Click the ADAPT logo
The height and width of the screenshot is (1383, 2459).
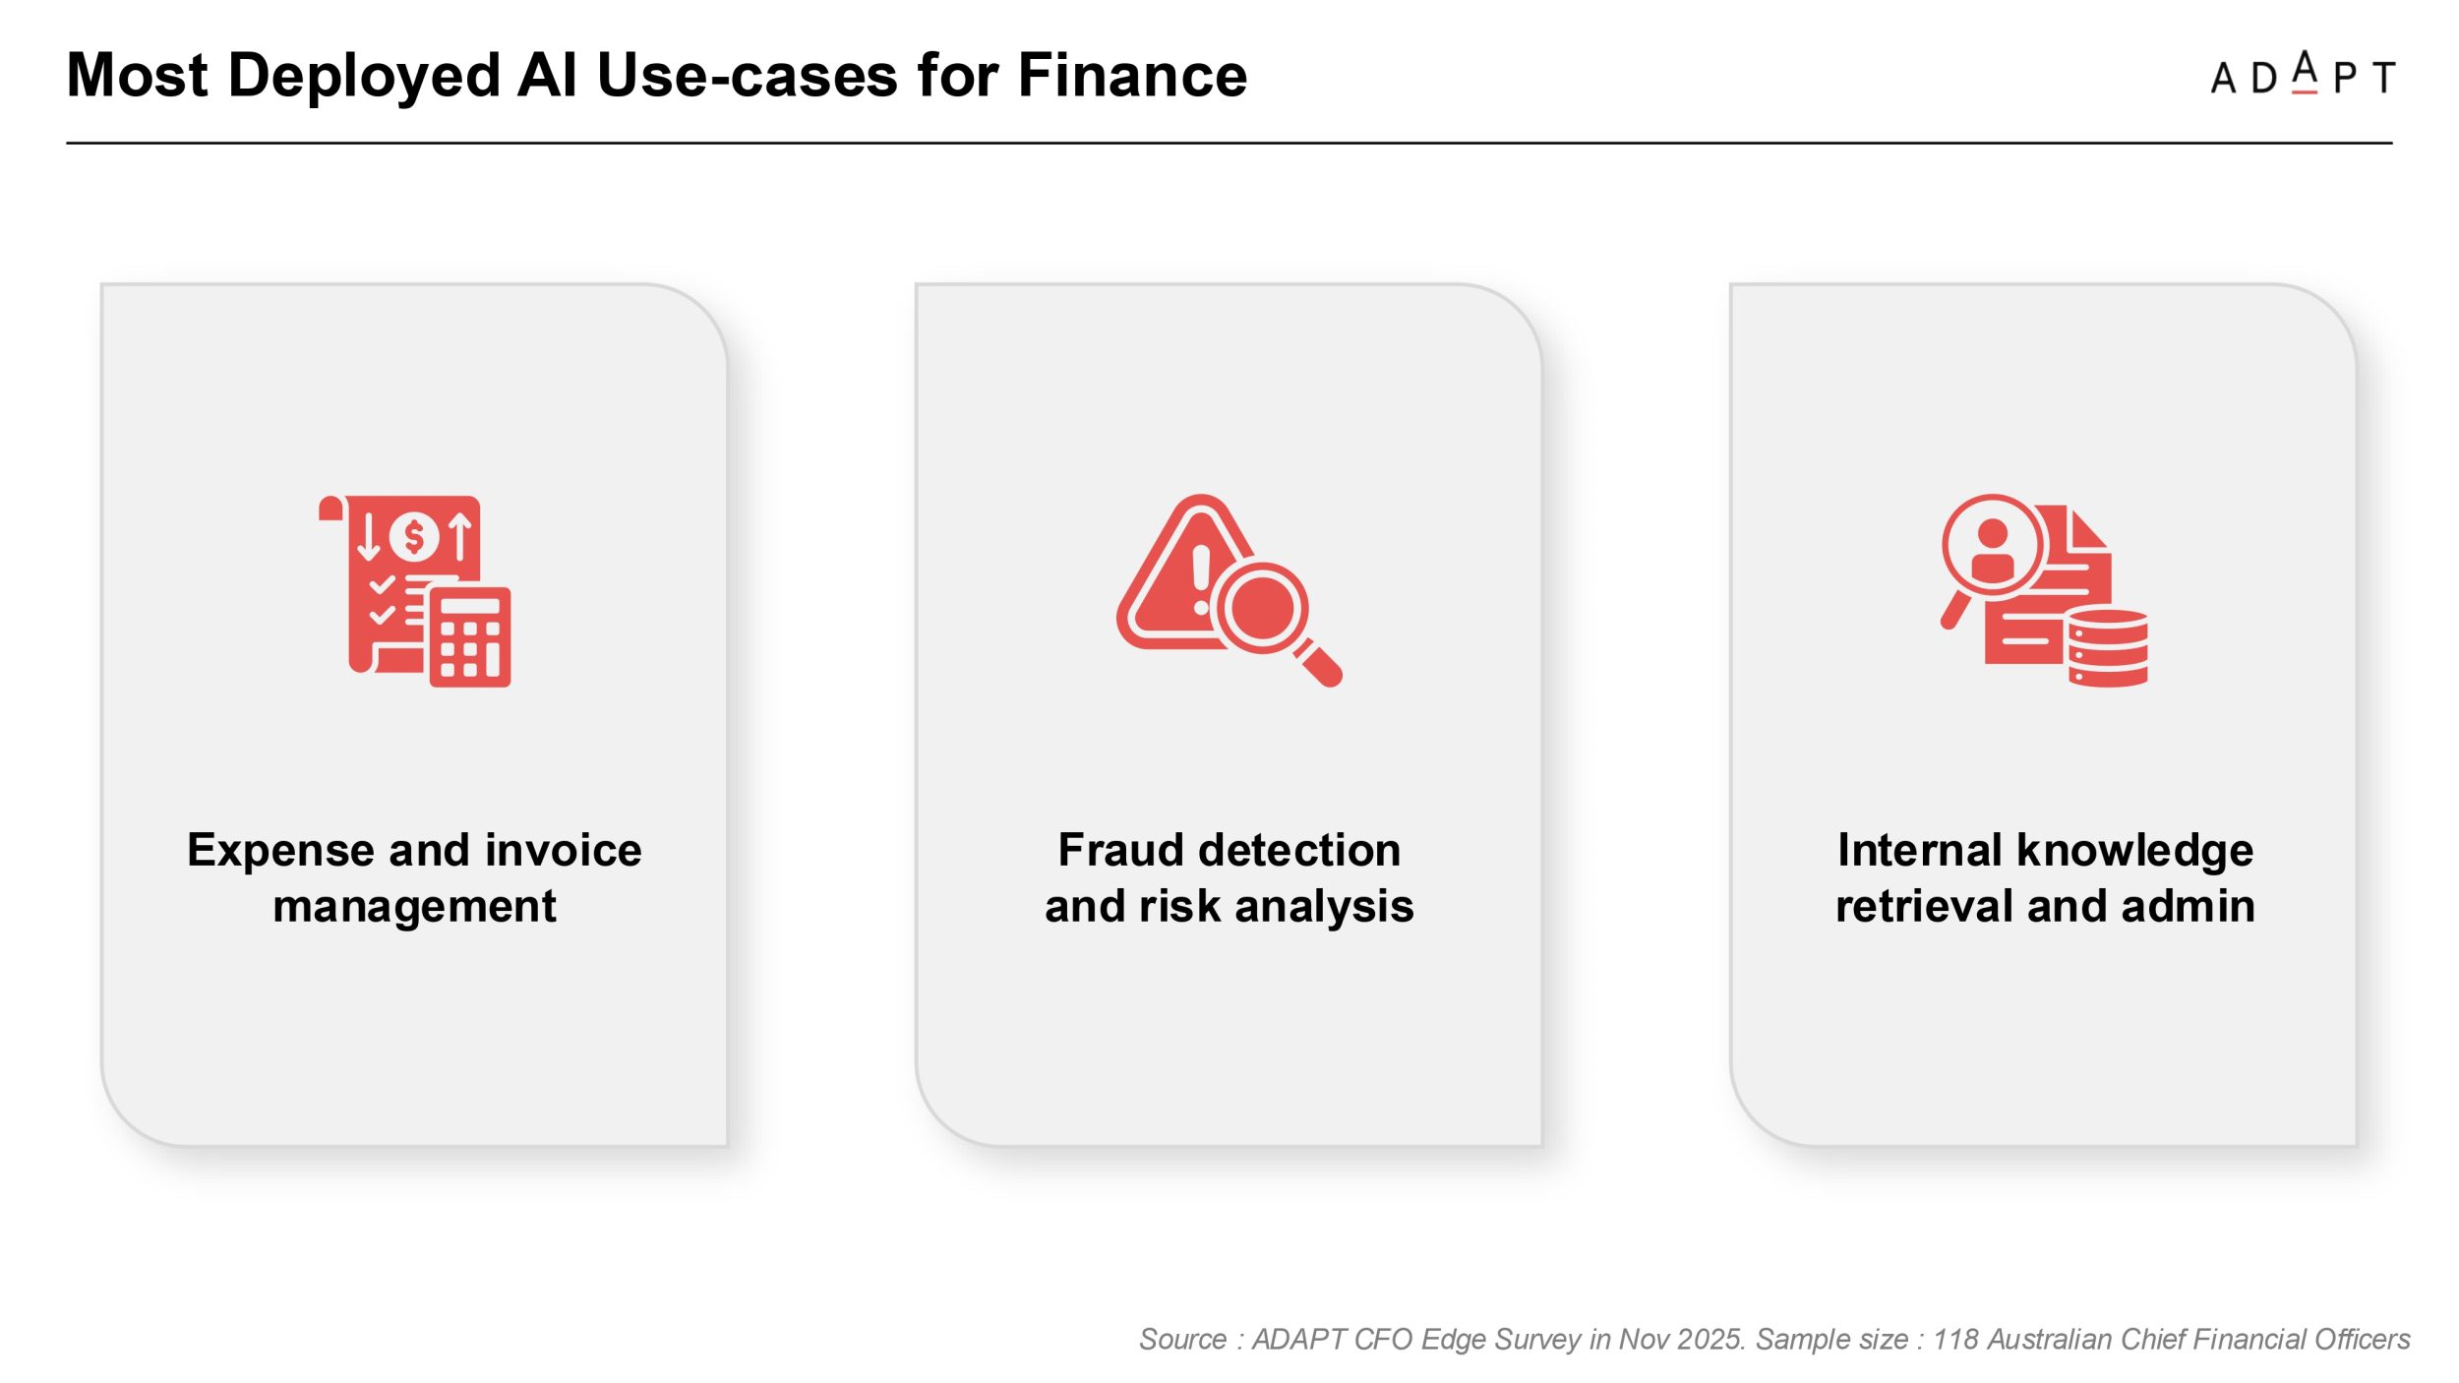[2303, 74]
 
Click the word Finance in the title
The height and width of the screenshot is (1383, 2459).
[1132, 75]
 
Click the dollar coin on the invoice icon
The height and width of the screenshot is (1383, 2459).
[414, 536]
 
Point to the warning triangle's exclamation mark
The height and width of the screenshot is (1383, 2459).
[1201, 580]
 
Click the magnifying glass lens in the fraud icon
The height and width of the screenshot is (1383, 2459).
[1263, 607]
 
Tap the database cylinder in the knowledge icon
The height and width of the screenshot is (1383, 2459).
[2108, 647]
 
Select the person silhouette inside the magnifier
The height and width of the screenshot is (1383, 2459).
[1993, 552]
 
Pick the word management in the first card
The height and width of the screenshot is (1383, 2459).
[414, 907]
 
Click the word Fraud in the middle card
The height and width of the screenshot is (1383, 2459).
[1119, 850]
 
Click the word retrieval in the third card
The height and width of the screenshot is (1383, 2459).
[1923, 906]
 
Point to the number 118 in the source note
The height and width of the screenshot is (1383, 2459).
[1955, 1340]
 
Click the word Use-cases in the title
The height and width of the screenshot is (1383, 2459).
[748, 75]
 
